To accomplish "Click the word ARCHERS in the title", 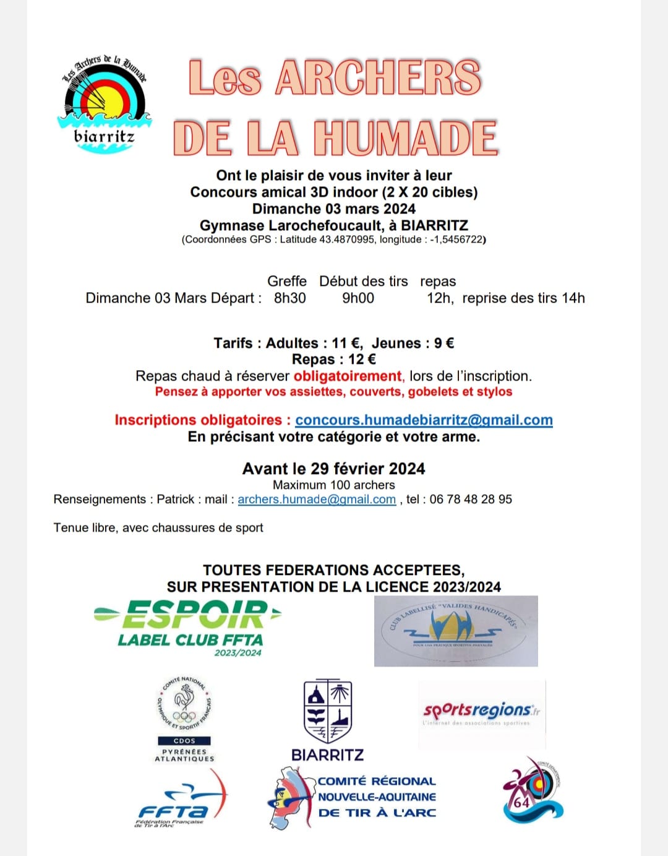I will click(x=378, y=78).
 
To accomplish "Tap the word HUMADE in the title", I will click(x=405, y=137).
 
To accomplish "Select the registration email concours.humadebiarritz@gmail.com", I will click(x=424, y=420).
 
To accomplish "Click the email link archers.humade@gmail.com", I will click(x=317, y=499).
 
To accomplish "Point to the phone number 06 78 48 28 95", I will click(x=471, y=499).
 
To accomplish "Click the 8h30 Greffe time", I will click(x=290, y=298).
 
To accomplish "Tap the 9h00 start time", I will click(x=358, y=298).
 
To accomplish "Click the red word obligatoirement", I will click(x=348, y=376).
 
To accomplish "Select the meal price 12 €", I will click(x=362, y=360).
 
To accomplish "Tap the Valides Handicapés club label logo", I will click(x=455, y=631).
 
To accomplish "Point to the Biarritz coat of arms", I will click(x=328, y=711).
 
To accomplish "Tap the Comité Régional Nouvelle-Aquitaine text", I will click(x=377, y=797).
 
